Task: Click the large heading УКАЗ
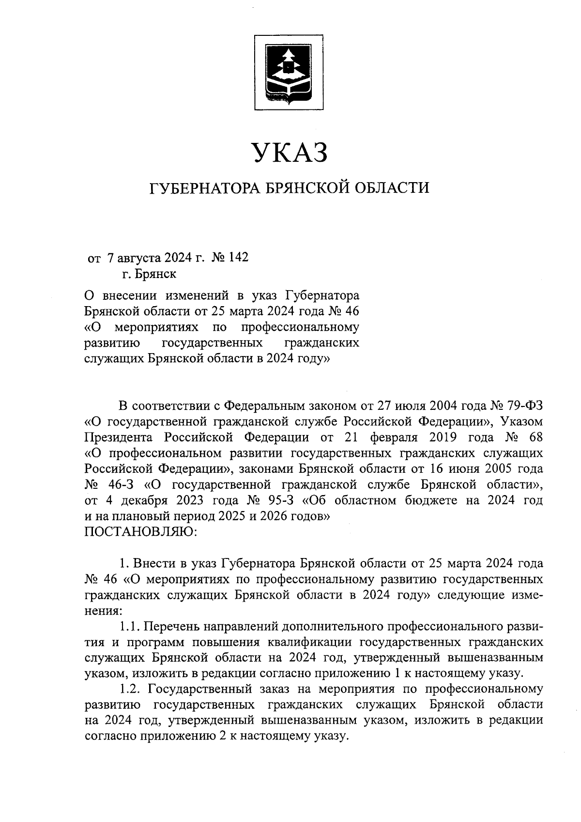tap(290, 152)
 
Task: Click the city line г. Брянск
tap(149, 274)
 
